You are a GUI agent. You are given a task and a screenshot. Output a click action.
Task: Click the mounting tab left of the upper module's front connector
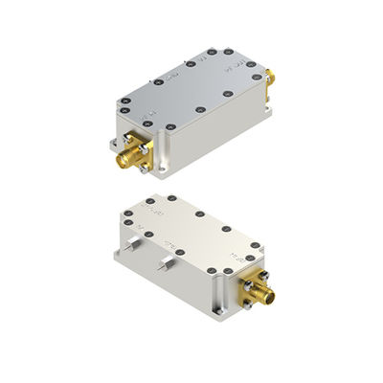106,145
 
